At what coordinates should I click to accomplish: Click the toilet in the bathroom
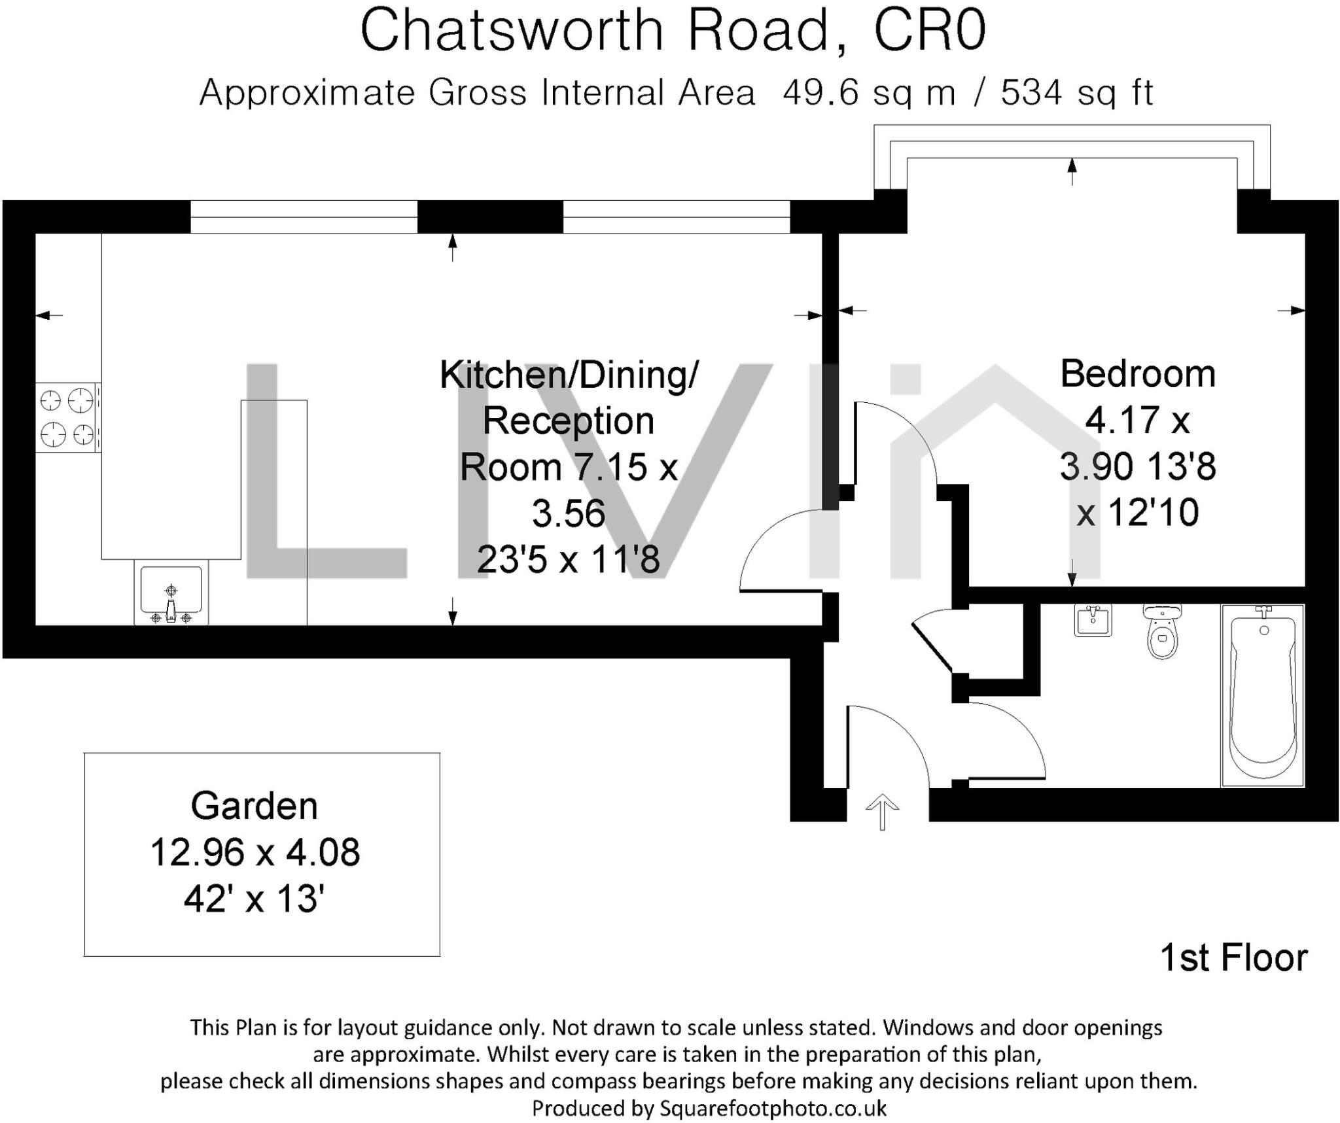[1161, 632]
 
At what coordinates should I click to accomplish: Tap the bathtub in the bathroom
[1262, 695]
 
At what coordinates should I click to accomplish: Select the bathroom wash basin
[1093, 620]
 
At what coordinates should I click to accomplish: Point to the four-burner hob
[68, 417]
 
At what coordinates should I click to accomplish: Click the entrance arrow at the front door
[882, 811]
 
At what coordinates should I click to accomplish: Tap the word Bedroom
[1138, 374]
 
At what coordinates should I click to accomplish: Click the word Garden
[254, 806]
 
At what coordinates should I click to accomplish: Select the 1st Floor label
[1233, 958]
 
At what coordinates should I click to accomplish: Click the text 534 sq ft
[1077, 93]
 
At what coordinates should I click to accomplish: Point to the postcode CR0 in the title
[930, 31]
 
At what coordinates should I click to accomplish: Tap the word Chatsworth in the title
[512, 31]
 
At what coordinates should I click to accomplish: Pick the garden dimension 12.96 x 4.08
[255, 853]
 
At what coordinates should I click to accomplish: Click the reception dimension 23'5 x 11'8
[568, 560]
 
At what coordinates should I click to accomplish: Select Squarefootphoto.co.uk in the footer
[773, 1108]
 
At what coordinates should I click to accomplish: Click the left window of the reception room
[304, 216]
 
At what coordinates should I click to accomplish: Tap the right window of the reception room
[677, 216]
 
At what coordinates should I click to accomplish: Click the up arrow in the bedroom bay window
[1072, 171]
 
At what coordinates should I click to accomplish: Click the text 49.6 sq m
[869, 93]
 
